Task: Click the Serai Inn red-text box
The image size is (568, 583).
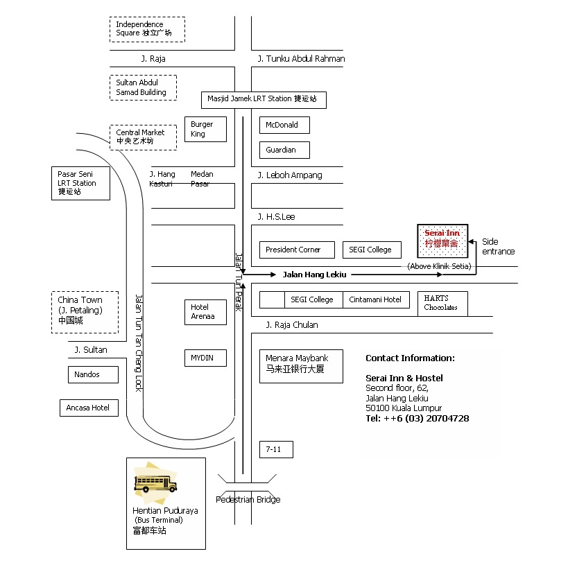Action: [x=442, y=241]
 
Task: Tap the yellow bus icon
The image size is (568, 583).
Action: [x=155, y=484]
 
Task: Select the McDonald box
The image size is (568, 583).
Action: [x=284, y=125]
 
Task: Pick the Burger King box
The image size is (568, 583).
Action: [x=205, y=129]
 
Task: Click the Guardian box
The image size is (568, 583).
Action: [x=284, y=150]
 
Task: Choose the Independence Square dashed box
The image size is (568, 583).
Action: [x=147, y=29]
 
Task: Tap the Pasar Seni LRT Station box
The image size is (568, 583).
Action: [x=80, y=183]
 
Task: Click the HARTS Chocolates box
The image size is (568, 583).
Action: [x=442, y=304]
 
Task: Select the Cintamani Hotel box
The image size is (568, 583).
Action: [x=376, y=299]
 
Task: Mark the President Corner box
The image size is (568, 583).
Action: [x=297, y=250]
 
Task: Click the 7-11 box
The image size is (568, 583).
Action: [x=276, y=449]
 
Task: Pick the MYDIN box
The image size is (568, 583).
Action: [x=205, y=358]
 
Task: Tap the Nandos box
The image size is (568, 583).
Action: [x=93, y=374]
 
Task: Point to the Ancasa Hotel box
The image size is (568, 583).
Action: [x=89, y=408]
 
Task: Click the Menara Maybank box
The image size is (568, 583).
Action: [x=301, y=366]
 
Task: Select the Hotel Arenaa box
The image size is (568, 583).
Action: [x=205, y=312]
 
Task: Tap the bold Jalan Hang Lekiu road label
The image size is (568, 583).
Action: [x=314, y=275]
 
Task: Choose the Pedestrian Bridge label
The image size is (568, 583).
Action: [x=248, y=500]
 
